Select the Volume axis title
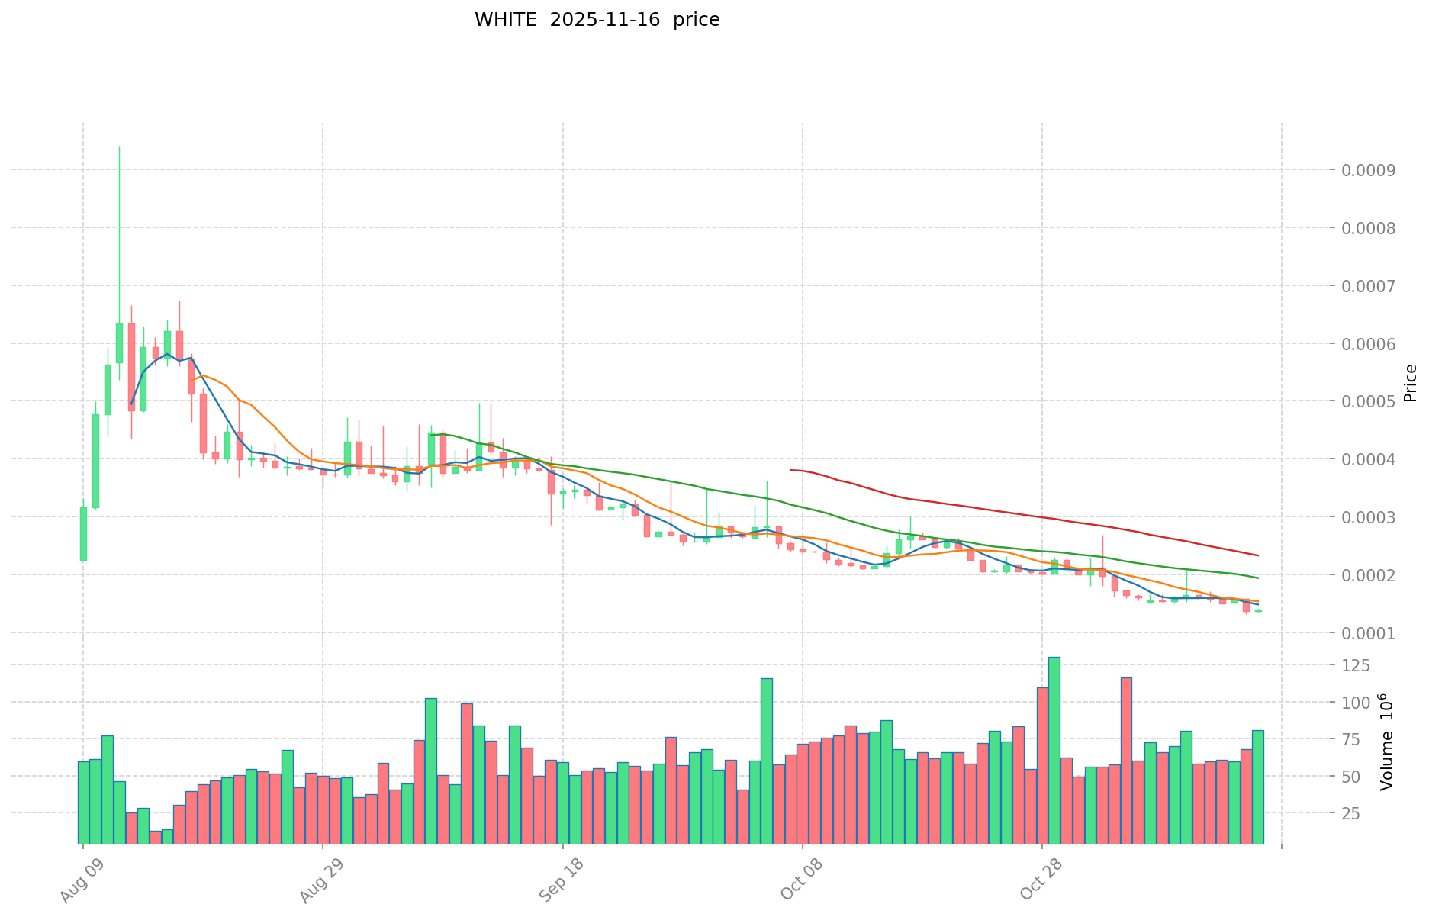point(1387,742)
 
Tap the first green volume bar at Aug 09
point(83,802)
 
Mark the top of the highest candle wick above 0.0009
point(119,147)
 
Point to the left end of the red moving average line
point(790,470)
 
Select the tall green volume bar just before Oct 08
point(766,761)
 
